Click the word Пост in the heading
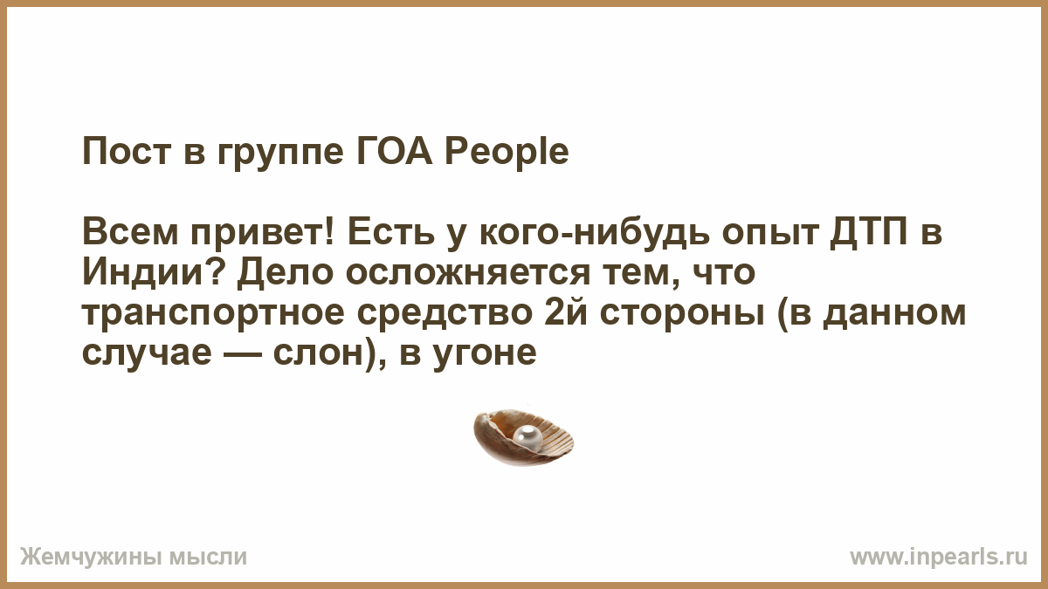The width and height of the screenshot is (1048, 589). click(127, 152)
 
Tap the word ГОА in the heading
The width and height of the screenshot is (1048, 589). click(395, 152)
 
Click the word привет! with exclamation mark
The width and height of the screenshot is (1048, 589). click(262, 233)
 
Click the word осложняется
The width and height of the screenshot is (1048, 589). click(468, 273)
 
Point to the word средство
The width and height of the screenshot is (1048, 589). click(445, 312)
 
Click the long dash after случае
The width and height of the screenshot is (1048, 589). click(243, 353)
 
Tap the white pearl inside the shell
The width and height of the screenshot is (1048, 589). click(527, 438)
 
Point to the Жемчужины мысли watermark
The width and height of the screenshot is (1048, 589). click(134, 558)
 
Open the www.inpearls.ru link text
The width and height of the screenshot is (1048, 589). click(939, 558)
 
